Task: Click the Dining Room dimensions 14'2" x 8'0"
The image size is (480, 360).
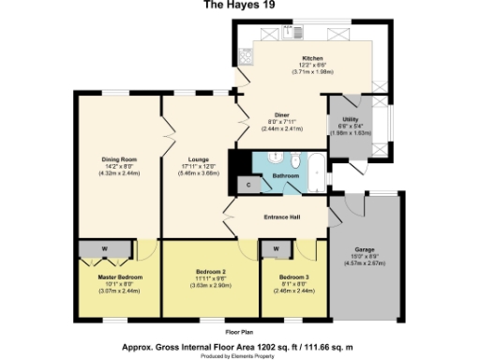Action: pyautogui.click(x=119, y=167)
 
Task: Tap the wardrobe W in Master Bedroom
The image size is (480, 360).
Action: pyautogui.click(x=103, y=248)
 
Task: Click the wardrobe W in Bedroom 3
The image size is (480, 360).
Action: pyautogui.click(x=277, y=248)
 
